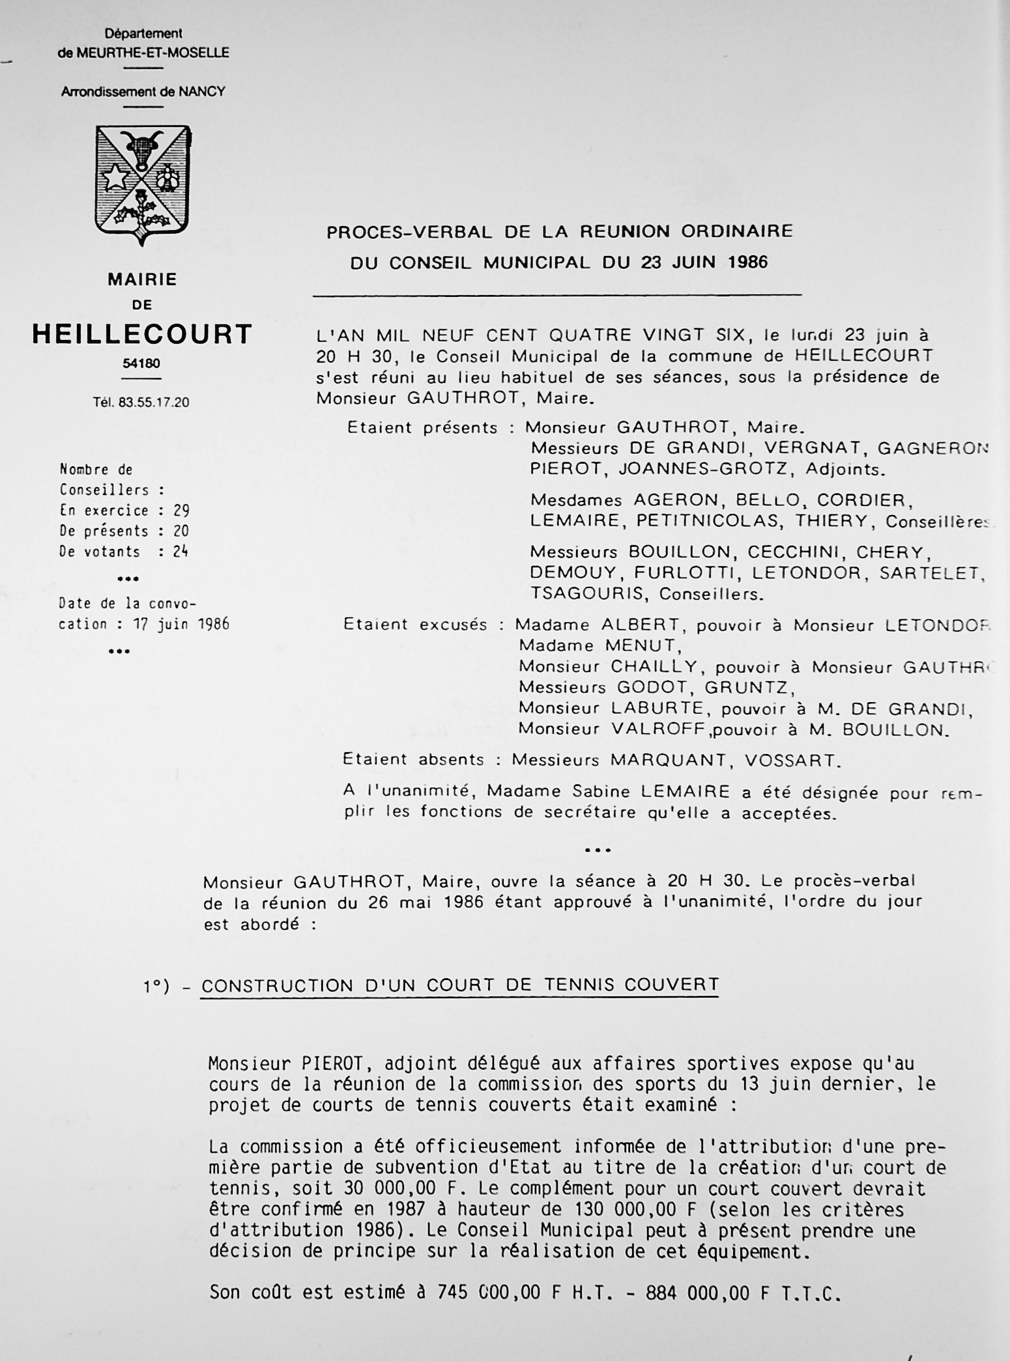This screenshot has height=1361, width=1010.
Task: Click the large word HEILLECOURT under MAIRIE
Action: coord(142,335)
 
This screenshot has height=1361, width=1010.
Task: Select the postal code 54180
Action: coord(141,363)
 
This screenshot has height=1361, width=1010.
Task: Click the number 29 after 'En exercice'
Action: coord(181,510)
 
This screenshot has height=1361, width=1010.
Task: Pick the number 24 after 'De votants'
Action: coord(180,552)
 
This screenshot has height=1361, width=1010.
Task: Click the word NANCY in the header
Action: coord(203,92)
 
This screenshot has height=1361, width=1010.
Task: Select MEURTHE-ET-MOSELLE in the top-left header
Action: coord(153,53)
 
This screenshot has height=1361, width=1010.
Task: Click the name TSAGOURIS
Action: coord(589,594)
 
